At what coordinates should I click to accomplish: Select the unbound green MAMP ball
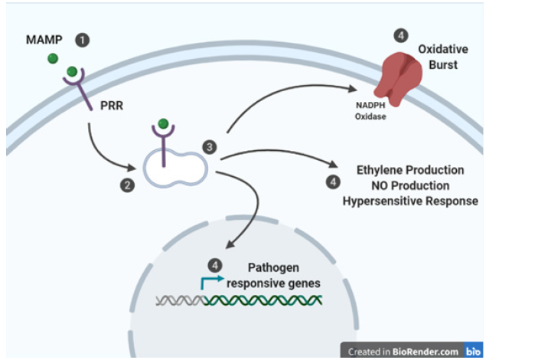(52, 58)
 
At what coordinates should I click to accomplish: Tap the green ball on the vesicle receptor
(163, 123)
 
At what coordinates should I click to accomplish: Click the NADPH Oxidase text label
(370, 112)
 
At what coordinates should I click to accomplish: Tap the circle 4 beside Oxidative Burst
(400, 35)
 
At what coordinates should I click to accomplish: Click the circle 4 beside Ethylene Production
(333, 182)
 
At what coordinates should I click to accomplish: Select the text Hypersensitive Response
(409, 201)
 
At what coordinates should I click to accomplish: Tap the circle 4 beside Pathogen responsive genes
(216, 264)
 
